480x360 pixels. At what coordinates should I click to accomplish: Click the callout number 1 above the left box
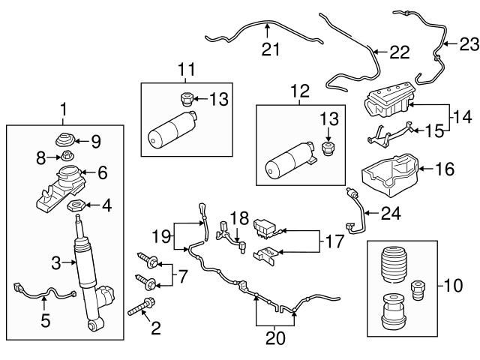pos(64,109)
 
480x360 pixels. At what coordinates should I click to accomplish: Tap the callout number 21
pos(269,51)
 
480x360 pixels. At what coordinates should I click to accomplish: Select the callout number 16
pos(445,169)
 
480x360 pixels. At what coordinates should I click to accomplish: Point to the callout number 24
pos(390,213)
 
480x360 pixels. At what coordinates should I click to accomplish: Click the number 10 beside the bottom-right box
pos(455,285)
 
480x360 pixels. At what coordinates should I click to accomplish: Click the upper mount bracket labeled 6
pos(64,184)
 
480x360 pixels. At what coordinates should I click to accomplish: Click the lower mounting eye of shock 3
pos(94,325)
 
